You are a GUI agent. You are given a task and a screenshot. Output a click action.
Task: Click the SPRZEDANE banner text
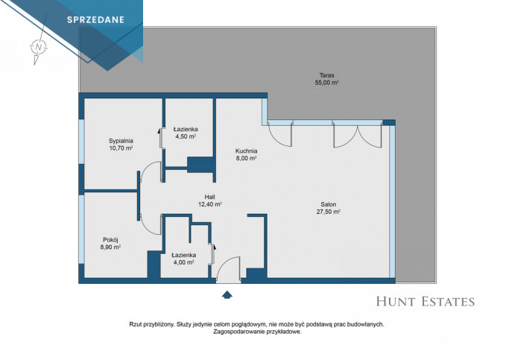(x=95, y=20)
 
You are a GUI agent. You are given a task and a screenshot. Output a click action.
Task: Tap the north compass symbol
(x=39, y=47)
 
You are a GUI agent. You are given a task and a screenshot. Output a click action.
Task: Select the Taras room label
(x=326, y=75)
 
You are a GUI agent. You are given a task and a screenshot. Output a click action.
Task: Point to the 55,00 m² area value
(x=326, y=83)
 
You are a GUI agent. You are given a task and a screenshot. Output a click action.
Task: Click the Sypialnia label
(x=121, y=141)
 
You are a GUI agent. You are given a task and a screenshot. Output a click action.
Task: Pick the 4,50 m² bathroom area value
(x=186, y=136)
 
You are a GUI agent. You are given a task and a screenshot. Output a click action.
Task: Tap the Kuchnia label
(x=247, y=151)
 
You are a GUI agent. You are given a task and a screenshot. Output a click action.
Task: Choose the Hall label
(x=209, y=197)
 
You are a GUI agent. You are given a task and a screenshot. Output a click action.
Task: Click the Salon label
(x=329, y=204)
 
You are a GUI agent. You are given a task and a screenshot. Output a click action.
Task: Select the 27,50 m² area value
(x=329, y=212)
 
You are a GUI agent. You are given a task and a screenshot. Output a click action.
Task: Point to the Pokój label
(x=110, y=240)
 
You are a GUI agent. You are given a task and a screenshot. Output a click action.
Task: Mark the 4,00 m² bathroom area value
(x=184, y=262)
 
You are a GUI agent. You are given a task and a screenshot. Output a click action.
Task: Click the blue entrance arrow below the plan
(x=227, y=294)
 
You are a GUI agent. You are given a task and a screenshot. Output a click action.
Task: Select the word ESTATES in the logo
(x=448, y=302)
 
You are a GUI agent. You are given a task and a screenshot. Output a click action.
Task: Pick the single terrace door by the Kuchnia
(x=280, y=136)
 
